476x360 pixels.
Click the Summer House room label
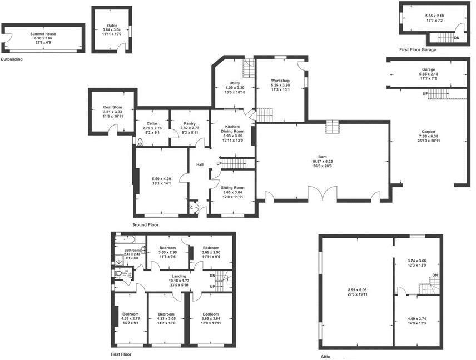click(x=43, y=34)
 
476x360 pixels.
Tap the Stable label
click(x=112, y=25)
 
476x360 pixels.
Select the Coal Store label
click(x=112, y=107)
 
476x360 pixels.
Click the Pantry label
click(x=189, y=123)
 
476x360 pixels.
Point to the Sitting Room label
click(x=232, y=188)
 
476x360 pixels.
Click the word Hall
click(x=200, y=164)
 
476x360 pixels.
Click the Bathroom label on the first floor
click(x=131, y=251)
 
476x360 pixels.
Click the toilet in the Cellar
click(x=139, y=142)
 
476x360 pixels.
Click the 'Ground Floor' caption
click(x=145, y=225)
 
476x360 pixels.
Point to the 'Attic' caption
click(x=326, y=356)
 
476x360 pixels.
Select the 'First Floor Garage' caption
click(x=417, y=49)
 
